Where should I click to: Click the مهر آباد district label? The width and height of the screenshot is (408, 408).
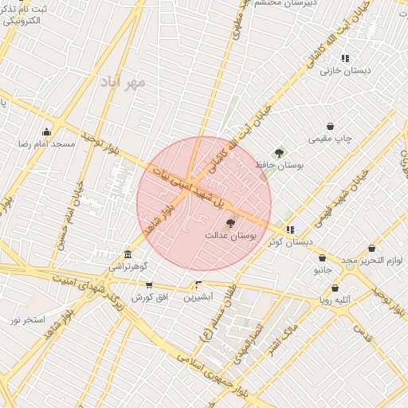(124, 81)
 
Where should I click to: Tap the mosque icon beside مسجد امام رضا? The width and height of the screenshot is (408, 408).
(47, 131)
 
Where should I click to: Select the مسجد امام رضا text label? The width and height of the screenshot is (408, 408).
(47, 144)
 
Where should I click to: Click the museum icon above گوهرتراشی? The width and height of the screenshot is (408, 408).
(127, 254)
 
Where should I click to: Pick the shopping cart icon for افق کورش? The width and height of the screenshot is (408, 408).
(149, 285)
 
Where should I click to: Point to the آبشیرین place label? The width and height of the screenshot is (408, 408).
(198, 296)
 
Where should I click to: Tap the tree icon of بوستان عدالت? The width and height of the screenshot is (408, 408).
(231, 224)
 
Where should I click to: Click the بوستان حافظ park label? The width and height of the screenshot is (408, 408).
(270, 164)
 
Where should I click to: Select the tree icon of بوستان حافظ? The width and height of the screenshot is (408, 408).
(279, 152)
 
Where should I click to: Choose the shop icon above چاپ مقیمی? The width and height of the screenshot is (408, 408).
(331, 126)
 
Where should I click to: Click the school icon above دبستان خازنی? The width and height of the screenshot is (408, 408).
(345, 58)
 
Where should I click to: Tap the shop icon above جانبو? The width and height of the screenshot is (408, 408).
(322, 258)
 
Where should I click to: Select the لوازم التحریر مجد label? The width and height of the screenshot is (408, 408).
(372, 261)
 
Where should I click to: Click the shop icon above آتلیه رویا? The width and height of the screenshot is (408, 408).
(335, 288)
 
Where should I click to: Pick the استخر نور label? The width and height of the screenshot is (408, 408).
(26, 320)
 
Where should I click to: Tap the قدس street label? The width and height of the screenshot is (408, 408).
(363, 337)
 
